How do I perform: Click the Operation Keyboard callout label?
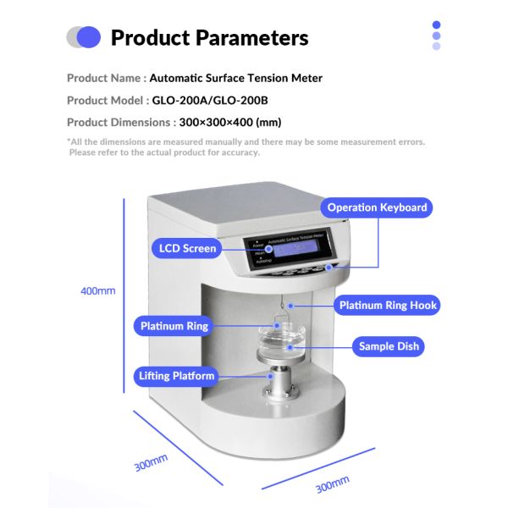(x=377, y=207)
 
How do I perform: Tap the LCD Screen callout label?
(x=188, y=249)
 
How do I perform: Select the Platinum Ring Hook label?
(x=389, y=305)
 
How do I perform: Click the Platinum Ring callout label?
(x=174, y=326)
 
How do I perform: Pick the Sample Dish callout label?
(x=389, y=346)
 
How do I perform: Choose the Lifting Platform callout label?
(x=177, y=376)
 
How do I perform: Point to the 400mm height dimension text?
(x=97, y=290)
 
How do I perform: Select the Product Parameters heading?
(x=209, y=38)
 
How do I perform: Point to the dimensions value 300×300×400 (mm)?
(x=230, y=122)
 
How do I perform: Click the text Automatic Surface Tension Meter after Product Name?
(x=235, y=78)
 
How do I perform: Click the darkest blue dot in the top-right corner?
(x=436, y=25)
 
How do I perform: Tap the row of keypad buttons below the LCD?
(x=304, y=270)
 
